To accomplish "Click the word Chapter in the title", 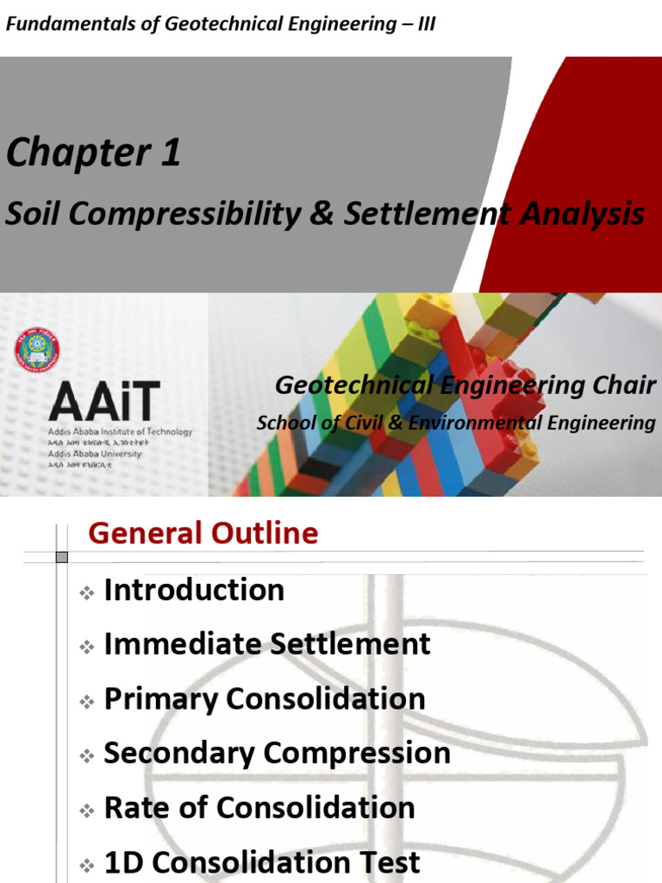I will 64,153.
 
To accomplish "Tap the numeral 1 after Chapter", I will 169,153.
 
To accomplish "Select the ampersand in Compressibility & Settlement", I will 322,214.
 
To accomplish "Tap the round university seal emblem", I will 37,349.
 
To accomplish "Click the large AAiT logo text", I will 103,402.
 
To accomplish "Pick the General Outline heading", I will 203,534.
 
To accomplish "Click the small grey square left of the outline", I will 61,557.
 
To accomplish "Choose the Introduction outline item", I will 194,591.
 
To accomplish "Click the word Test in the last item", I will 389,862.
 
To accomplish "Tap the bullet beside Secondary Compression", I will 86,756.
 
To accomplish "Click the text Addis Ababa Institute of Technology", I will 121,432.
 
